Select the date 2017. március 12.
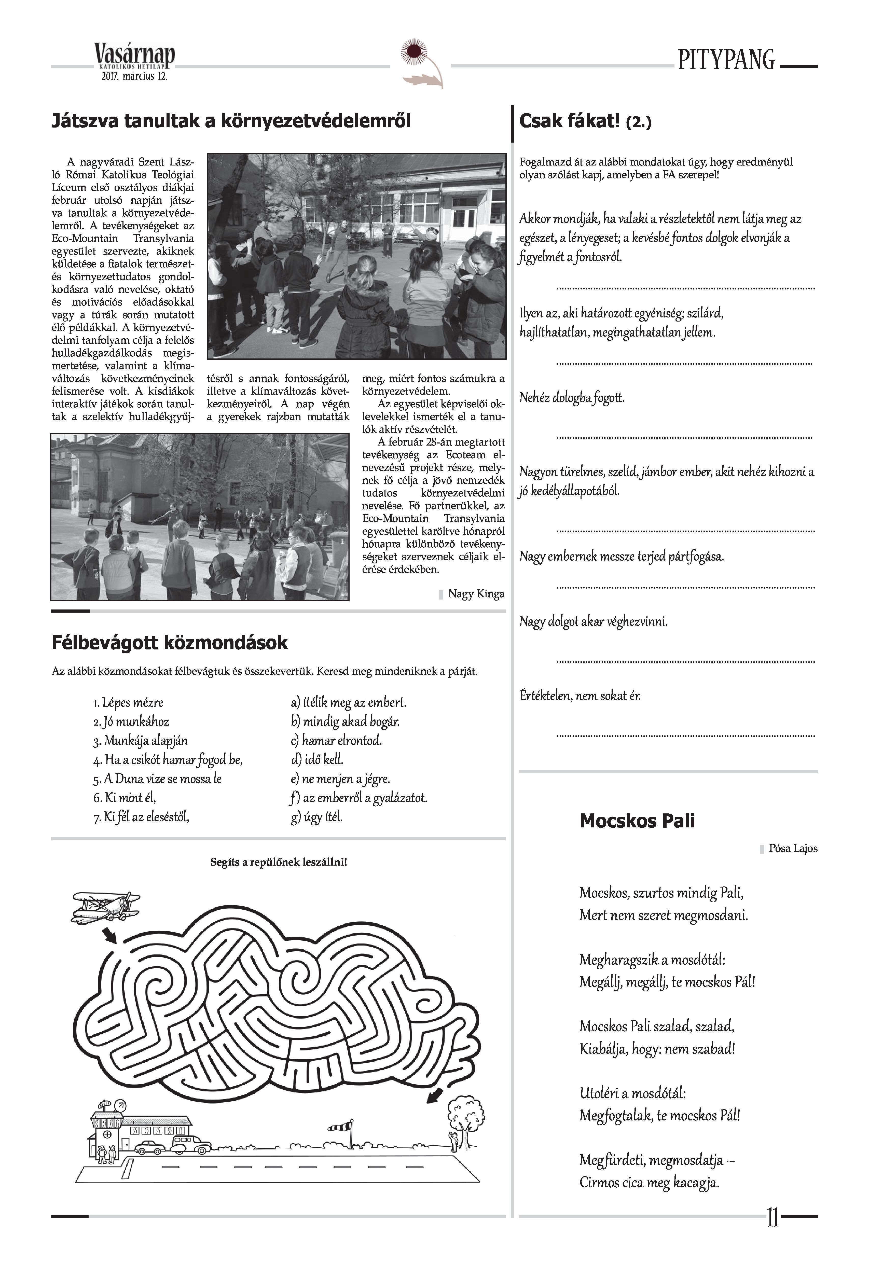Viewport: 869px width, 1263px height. click(134, 77)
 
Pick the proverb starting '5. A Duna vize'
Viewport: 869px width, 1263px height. click(157, 779)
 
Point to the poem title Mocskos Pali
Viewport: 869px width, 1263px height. click(637, 821)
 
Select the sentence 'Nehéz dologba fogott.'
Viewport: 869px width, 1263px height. click(572, 398)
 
